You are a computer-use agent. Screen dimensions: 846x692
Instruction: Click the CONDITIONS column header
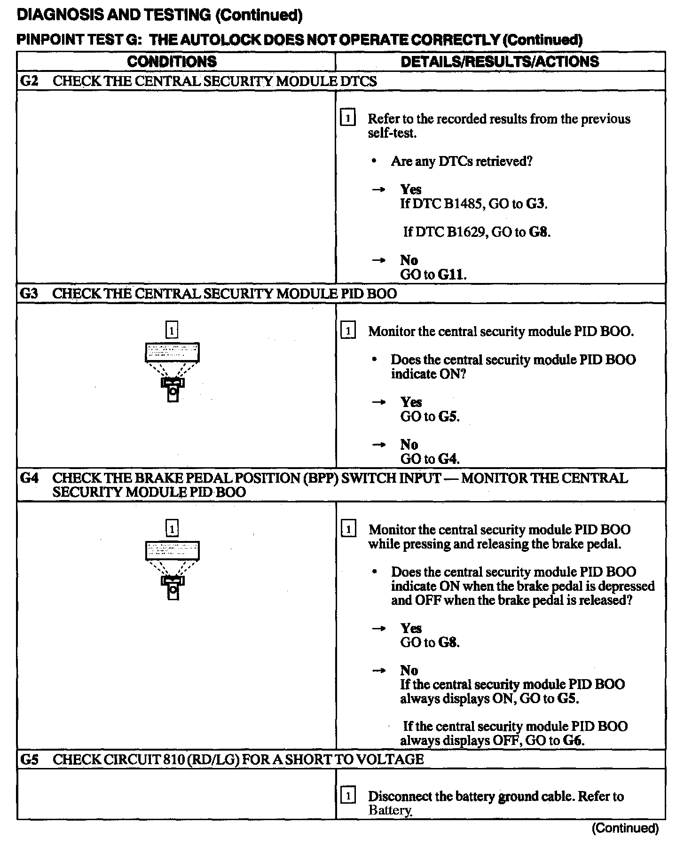[172, 62]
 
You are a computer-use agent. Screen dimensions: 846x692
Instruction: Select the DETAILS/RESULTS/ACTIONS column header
[500, 62]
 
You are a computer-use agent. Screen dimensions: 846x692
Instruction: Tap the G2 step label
[29, 81]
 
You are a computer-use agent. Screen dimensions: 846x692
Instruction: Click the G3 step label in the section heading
[29, 294]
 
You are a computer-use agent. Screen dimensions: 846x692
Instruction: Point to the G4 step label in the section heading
[29, 478]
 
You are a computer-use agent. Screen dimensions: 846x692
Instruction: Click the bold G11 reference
[451, 274]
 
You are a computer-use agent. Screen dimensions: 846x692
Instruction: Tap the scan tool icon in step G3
[173, 372]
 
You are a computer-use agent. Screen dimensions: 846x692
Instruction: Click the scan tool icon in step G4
[173, 570]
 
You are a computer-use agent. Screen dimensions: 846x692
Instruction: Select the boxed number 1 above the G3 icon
[172, 330]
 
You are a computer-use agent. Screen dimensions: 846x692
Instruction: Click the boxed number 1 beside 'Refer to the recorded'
[347, 118]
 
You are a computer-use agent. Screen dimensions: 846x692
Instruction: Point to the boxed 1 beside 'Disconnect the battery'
[348, 796]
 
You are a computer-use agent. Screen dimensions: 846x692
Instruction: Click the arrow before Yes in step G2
[378, 189]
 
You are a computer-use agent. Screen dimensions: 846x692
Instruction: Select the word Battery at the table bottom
[390, 810]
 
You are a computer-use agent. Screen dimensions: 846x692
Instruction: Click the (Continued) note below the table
[625, 828]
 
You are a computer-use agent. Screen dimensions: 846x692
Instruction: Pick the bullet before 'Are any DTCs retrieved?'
[374, 162]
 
